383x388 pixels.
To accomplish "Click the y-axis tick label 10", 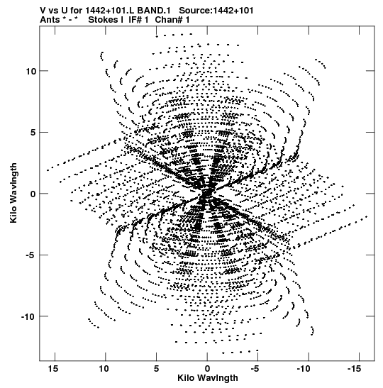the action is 31,71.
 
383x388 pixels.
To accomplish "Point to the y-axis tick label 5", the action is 33,133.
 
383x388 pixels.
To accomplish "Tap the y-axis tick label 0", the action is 33,194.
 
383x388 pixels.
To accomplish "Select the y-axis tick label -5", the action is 32,255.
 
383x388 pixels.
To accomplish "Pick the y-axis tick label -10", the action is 29,316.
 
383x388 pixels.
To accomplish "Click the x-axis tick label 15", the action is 53,369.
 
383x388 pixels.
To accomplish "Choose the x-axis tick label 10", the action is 104,369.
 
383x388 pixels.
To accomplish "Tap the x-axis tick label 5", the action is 156,369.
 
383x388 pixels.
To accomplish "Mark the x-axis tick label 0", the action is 207,369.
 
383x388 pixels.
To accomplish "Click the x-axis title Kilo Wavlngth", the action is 208,378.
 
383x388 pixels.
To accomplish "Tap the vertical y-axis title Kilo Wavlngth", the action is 13,193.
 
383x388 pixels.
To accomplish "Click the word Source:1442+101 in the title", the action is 216,11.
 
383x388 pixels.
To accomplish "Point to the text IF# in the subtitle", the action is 135,20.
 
